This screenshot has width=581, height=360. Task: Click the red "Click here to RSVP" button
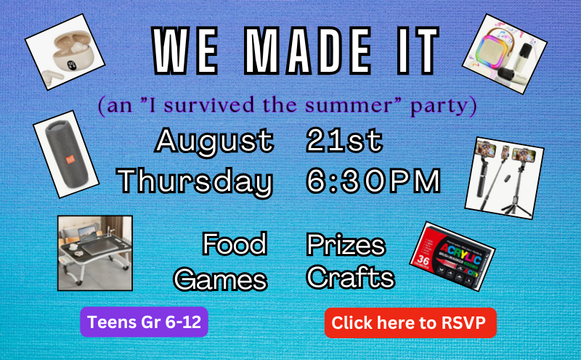point(410,322)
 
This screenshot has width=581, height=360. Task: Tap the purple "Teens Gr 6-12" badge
point(144,322)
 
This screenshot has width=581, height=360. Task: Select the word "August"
point(214,142)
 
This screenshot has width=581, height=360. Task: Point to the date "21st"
point(344,140)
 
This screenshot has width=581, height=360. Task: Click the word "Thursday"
point(195,181)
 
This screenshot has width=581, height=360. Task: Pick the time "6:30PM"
point(373,181)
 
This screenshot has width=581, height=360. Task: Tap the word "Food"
point(235,244)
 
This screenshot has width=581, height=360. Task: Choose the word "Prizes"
point(346,246)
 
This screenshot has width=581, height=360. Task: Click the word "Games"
point(221,279)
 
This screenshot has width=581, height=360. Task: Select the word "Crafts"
point(351,277)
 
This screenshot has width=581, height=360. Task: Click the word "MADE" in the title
point(308,51)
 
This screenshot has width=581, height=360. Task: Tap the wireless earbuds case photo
point(65,52)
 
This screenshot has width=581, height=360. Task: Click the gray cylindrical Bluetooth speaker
point(66,154)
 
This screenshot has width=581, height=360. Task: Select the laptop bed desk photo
point(95,253)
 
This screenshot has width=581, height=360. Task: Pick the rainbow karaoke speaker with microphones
point(504,54)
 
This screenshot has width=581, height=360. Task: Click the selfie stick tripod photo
point(504,178)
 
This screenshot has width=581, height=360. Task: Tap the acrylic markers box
point(452,256)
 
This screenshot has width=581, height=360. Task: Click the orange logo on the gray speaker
point(70,160)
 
